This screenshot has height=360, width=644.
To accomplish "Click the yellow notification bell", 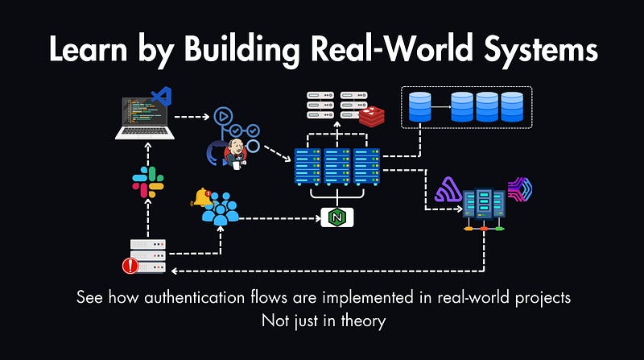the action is click(x=200, y=196).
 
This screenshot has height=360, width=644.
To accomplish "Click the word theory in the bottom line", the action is click(x=363, y=320).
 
